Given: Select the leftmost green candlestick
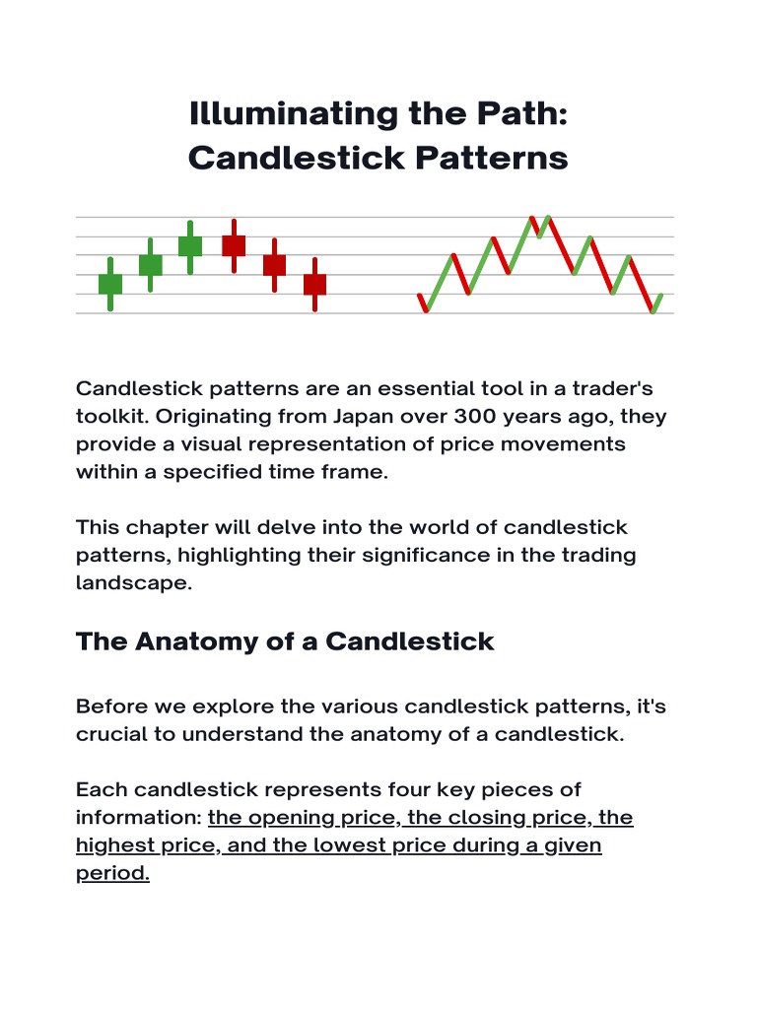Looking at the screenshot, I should click(x=110, y=284).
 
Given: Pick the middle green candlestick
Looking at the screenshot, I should click(x=150, y=264).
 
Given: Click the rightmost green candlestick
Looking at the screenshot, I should click(x=190, y=245).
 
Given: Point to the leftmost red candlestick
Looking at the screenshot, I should click(x=234, y=245).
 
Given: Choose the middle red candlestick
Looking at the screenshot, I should click(x=274, y=264).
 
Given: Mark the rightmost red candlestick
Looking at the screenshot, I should click(x=314, y=284).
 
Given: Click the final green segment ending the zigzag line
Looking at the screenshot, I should click(x=657, y=303).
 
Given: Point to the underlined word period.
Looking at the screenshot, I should click(x=112, y=873).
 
